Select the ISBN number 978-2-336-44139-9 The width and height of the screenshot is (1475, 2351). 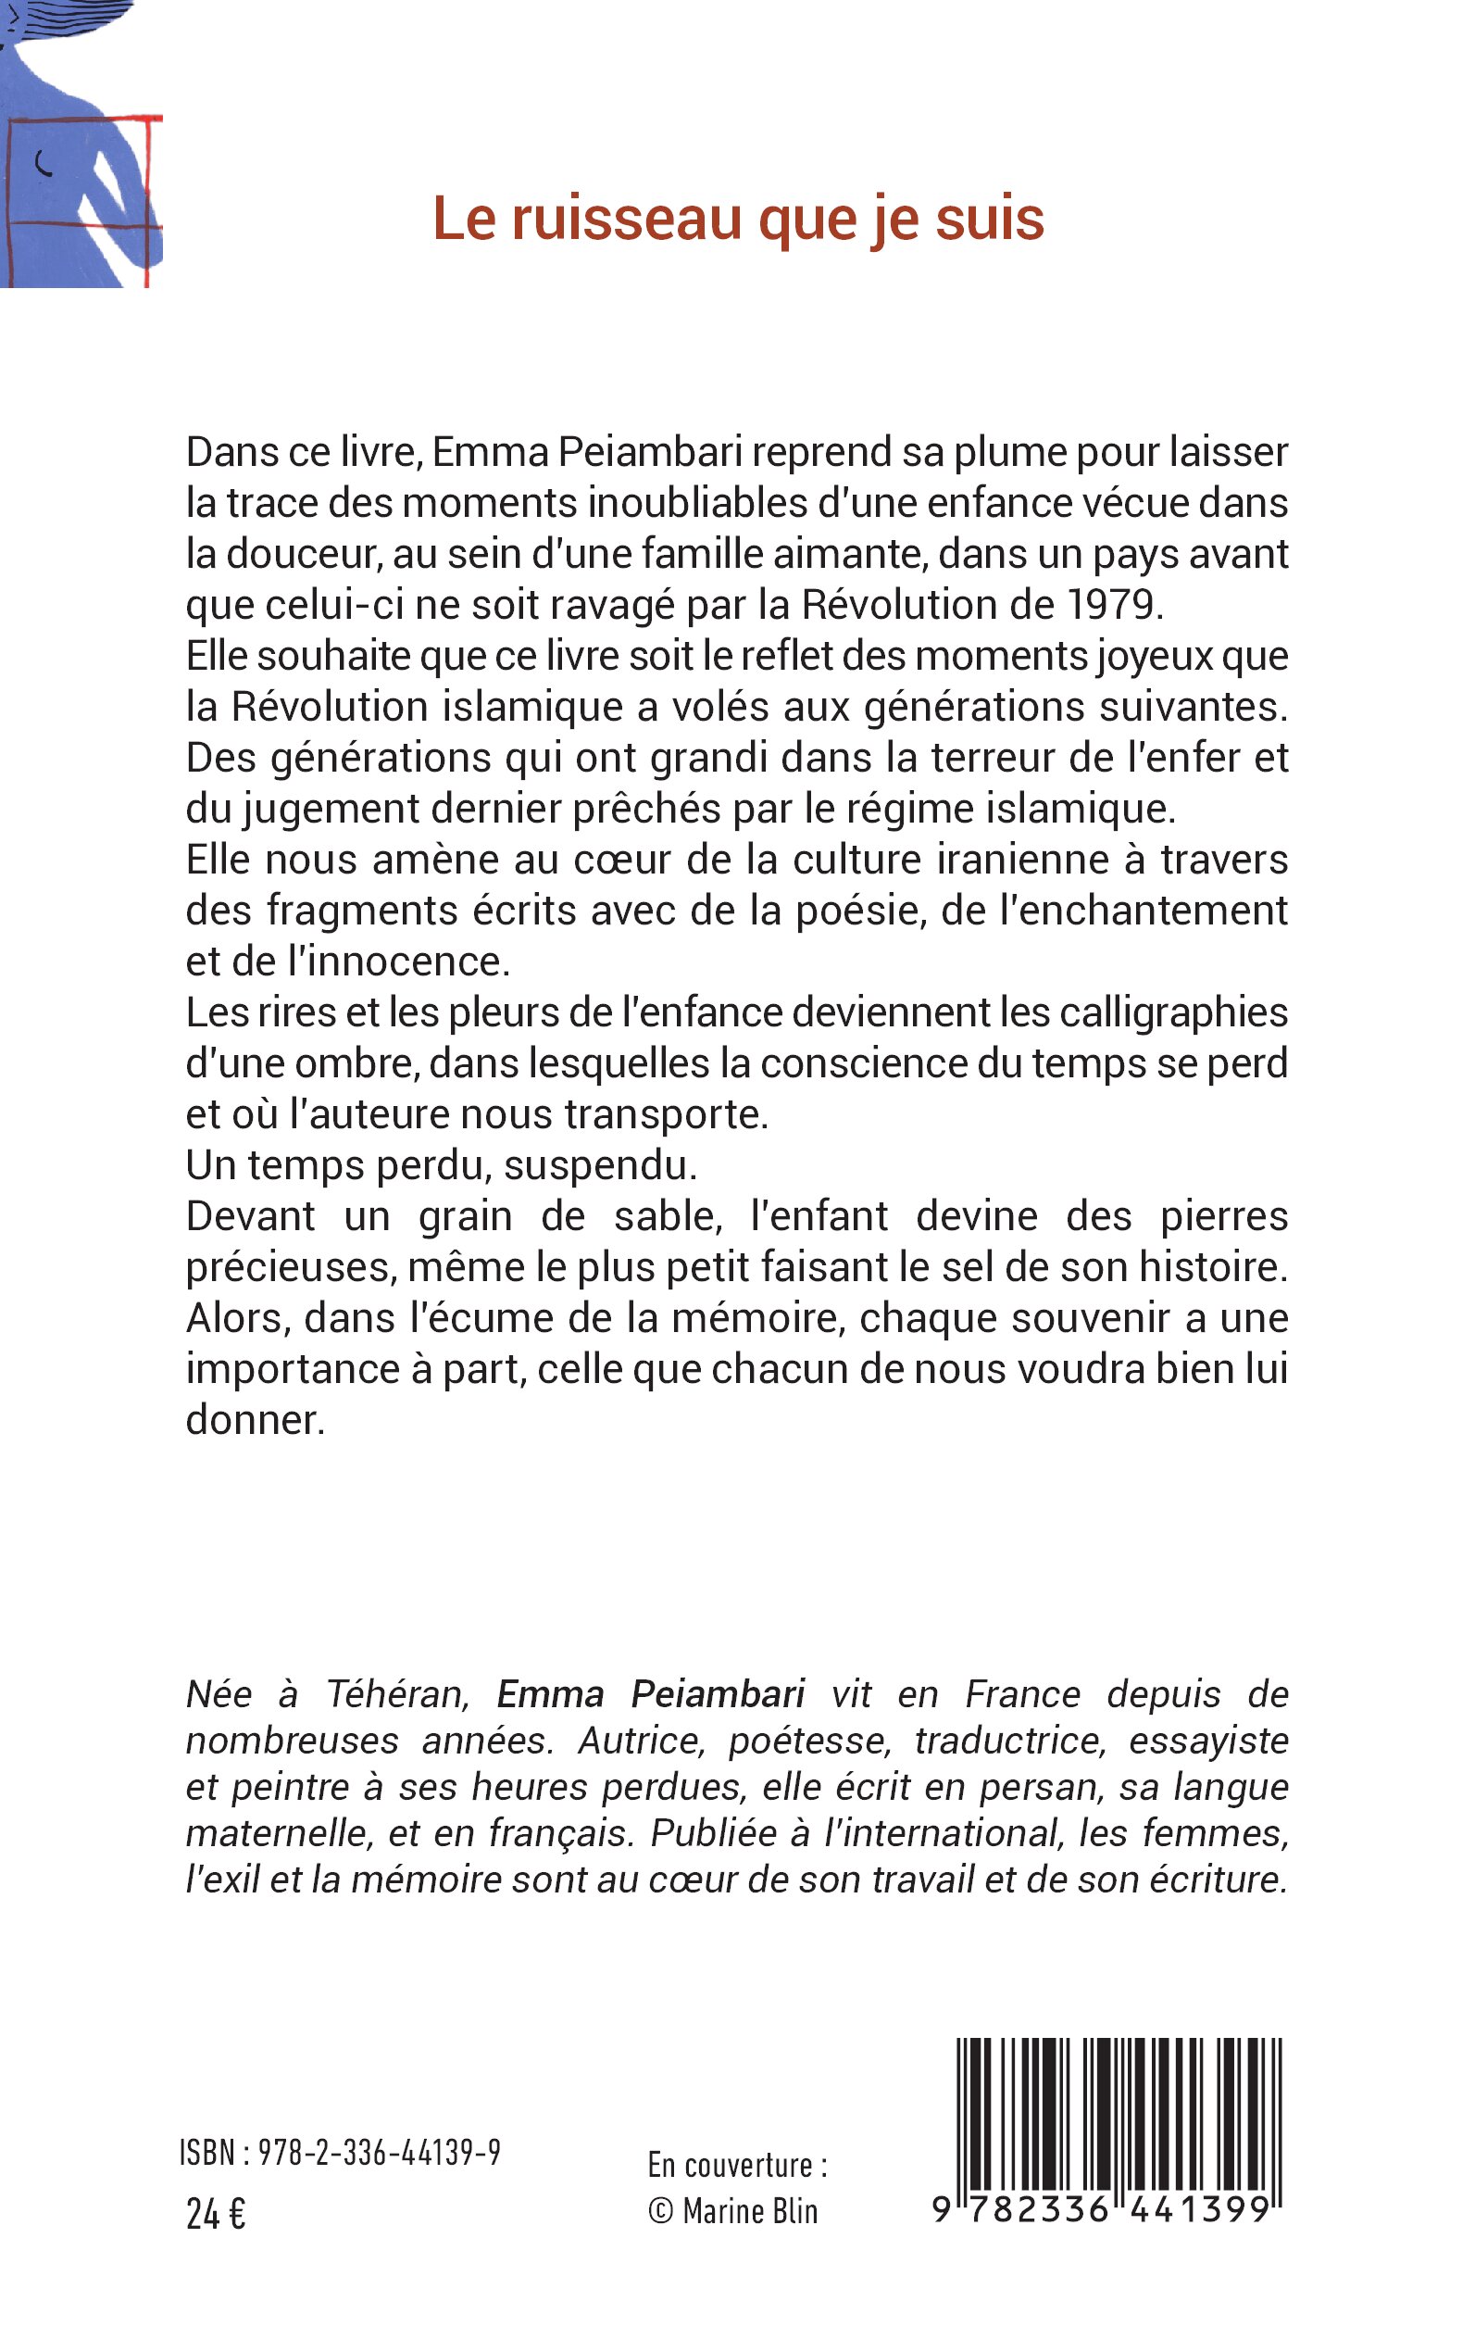(x=380, y=2152)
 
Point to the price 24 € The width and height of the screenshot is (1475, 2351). (x=216, y=2215)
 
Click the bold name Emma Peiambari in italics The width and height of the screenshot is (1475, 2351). (x=651, y=1694)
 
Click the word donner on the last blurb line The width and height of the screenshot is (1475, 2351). (x=255, y=1420)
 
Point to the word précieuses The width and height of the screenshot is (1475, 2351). (x=290, y=1267)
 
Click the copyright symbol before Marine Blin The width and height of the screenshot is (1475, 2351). (x=660, y=2211)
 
